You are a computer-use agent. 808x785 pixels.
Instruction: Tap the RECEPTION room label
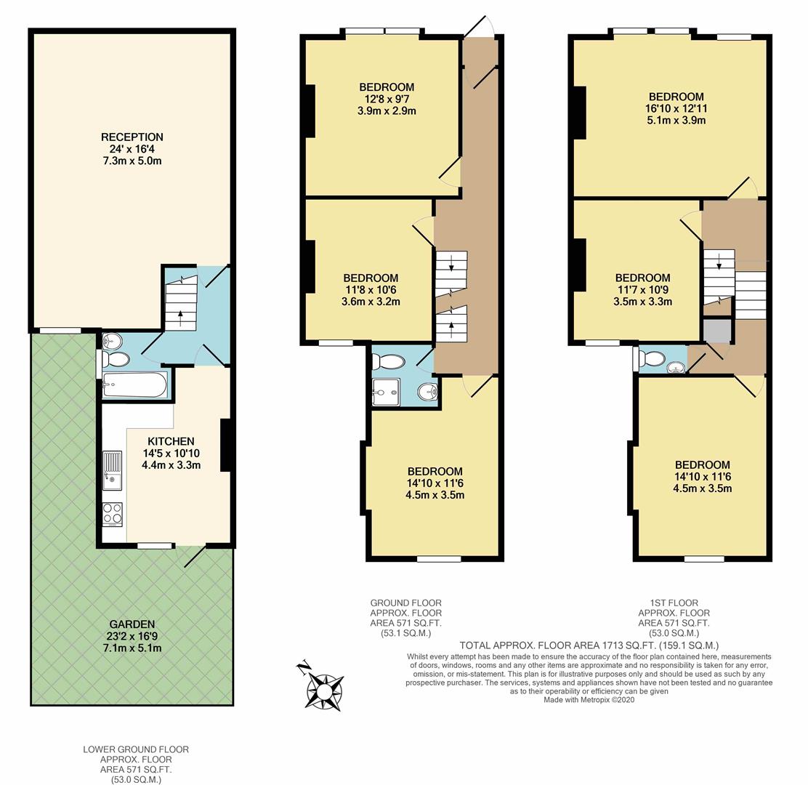pyautogui.click(x=132, y=137)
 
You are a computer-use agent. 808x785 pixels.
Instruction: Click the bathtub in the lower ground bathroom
pyautogui.click(x=135, y=385)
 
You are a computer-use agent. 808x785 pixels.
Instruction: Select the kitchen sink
pyautogui.click(x=113, y=467)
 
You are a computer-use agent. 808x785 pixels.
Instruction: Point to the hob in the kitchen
pyautogui.click(x=113, y=514)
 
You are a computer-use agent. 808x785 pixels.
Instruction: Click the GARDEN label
pyautogui.click(x=132, y=624)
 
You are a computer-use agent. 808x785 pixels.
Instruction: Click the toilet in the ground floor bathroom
pyautogui.click(x=392, y=361)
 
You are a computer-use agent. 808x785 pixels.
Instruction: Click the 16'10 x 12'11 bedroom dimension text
pyautogui.click(x=676, y=108)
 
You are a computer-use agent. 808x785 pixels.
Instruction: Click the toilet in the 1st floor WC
pyautogui.click(x=651, y=358)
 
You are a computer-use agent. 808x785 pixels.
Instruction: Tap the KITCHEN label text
pyautogui.click(x=171, y=441)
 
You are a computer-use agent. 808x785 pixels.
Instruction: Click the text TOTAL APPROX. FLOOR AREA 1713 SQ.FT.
pyautogui.click(x=589, y=645)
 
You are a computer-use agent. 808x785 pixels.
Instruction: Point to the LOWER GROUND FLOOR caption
pyautogui.click(x=131, y=749)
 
